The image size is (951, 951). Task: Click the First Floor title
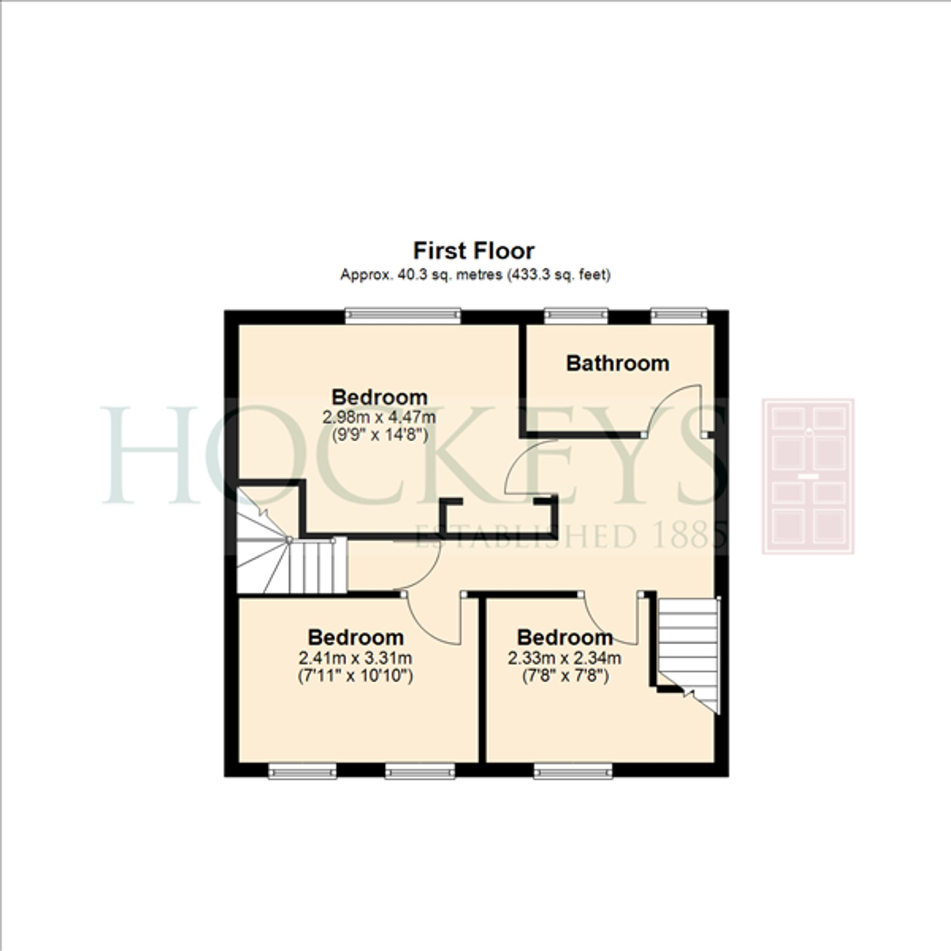[474, 251]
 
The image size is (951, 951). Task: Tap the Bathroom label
[617, 364]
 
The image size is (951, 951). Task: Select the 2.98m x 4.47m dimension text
[379, 417]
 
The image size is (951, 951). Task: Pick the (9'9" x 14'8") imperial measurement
[379, 436]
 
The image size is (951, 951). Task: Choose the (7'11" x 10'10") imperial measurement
[355, 676]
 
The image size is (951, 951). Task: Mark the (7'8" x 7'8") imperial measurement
[565, 676]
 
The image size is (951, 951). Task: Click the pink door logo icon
[808, 476]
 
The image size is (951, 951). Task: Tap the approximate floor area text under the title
[475, 275]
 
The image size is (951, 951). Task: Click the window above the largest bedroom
[403, 316]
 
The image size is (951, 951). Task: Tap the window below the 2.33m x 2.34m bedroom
[573, 771]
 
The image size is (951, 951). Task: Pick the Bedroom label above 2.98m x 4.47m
[379, 397]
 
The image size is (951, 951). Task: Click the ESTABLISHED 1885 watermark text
[571, 536]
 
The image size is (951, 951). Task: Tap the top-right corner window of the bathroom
[679, 316]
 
